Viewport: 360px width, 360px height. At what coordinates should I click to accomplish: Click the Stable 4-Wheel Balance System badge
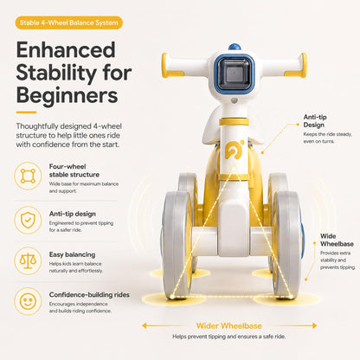click(x=69, y=22)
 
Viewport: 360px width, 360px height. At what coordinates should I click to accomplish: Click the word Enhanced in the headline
click(x=66, y=50)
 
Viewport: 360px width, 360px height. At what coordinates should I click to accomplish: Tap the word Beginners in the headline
click(x=67, y=95)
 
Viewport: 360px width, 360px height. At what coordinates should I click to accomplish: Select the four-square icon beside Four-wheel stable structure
click(x=28, y=176)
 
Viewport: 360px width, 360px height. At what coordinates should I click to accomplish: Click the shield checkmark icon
click(x=28, y=220)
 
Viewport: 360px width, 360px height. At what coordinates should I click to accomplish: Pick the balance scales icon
click(x=28, y=260)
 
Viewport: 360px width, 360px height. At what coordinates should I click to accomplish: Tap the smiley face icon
click(x=28, y=301)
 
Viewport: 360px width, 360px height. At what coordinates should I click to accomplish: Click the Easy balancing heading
click(x=72, y=254)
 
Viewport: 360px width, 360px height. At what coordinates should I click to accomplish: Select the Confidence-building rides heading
click(x=89, y=295)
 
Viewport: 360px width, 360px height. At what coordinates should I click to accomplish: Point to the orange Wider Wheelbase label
click(x=229, y=326)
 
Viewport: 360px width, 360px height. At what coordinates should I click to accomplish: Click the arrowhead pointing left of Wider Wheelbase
click(x=145, y=326)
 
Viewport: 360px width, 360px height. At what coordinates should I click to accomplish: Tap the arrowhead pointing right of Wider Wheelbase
click(x=314, y=326)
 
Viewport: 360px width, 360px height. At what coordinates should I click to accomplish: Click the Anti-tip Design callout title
click(x=315, y=121)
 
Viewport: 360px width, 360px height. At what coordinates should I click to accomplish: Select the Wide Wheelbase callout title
click(x=337, y=240)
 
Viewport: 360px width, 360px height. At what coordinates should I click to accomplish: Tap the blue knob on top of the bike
click(x=235, y=47)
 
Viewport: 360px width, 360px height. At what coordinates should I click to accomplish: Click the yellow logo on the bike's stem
click(x=234, y=150)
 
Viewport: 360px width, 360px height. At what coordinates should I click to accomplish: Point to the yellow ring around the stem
click(x=234, y=121)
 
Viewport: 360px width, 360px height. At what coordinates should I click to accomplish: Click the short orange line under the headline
click(x=26, y=112)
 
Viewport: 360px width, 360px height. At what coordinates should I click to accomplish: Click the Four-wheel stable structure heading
click(x=74, y=170)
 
